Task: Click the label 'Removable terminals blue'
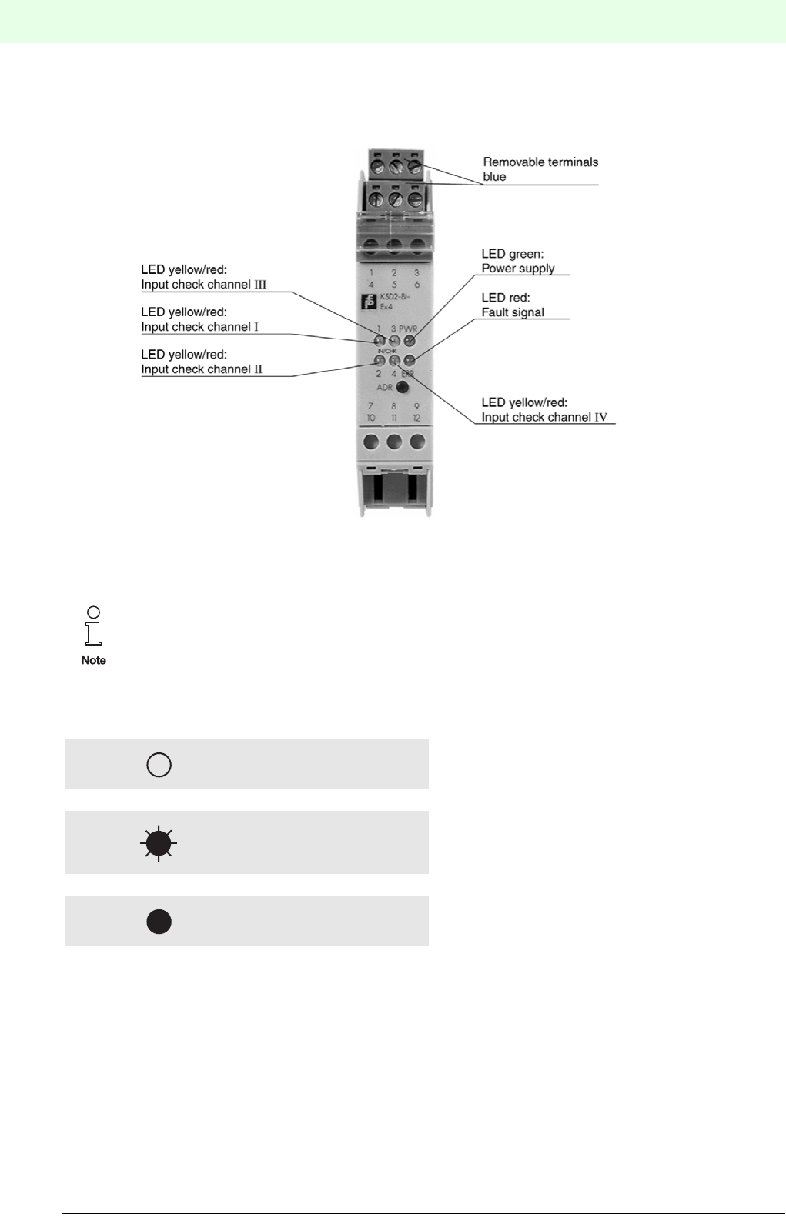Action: (x=540, y=169)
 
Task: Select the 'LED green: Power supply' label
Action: (x=517, y=261)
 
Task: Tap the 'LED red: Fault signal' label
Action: (x=513, y=305)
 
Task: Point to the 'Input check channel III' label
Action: (x=203, y=285)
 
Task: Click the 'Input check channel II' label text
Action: (x=201, y=369)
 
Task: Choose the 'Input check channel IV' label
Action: (x=544, y=418)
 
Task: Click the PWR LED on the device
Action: (x=410, y=340)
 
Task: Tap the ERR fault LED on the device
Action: (x=410, y=360)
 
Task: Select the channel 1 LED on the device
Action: (x=379, y=340)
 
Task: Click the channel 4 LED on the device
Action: (x=394, y=360)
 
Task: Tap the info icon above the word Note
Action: (x=93, y=626)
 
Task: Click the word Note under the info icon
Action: (x=93, y=660)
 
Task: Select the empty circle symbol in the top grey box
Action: (x=159, y=765)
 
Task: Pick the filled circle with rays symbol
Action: (x=159, y=843)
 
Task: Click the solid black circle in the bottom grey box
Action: (x=159, y=922)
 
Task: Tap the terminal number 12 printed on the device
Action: (x=416, y=419)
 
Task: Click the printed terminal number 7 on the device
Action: (x=370, y=406)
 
